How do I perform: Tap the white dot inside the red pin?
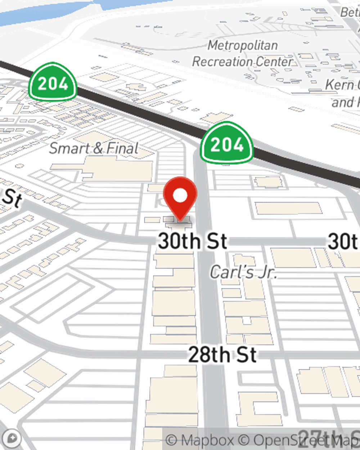click(180, 195)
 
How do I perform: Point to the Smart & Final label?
click(94, 148)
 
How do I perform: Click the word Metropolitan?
click(243, 45)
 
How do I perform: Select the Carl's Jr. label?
click(243, 272)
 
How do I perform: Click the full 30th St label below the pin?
click(193, 241)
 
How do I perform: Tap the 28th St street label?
click(222, 355)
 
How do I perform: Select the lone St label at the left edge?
click(12, 198)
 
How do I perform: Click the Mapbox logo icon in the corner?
click(12, 438)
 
